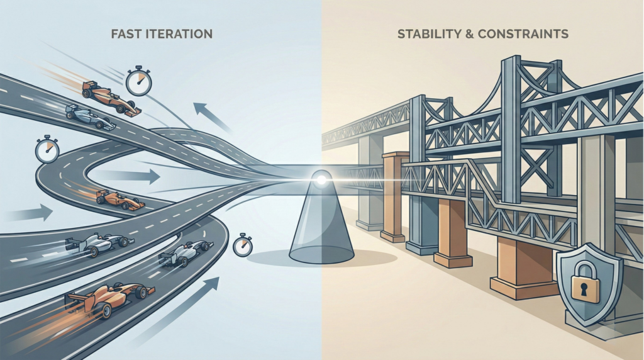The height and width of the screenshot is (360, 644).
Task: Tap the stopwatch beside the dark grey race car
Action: (242, 245)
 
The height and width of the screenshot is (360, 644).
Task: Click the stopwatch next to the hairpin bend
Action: (47, 150)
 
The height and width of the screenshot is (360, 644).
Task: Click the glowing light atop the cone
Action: (321, 180)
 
